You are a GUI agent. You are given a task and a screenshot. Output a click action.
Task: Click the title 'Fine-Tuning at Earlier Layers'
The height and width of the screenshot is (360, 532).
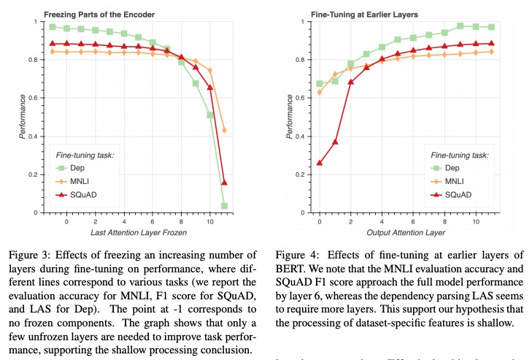pyautogui.click(x=352, y=14)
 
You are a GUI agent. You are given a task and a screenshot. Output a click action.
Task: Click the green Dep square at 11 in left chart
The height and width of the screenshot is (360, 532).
pyautogui.click(x=224, y=206)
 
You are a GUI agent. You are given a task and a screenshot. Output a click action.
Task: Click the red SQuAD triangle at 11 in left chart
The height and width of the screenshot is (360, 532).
pyautogui.click(x=224, y=182)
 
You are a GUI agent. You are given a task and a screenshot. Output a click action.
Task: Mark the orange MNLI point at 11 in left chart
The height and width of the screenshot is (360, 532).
pyautogui.click(x=224, y=130)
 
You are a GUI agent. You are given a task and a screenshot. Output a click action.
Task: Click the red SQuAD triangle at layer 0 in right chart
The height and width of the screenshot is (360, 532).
pyautogui.click(x=319, y=163)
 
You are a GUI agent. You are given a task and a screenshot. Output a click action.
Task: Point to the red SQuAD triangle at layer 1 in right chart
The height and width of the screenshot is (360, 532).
pyautogui.click(x=335, y=142)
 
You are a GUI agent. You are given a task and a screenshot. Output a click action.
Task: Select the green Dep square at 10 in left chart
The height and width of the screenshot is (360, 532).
pyautogui.click(x=210, y=115)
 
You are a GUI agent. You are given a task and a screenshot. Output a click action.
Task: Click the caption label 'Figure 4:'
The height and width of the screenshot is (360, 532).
pyautogui.click(x=296, y=255)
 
